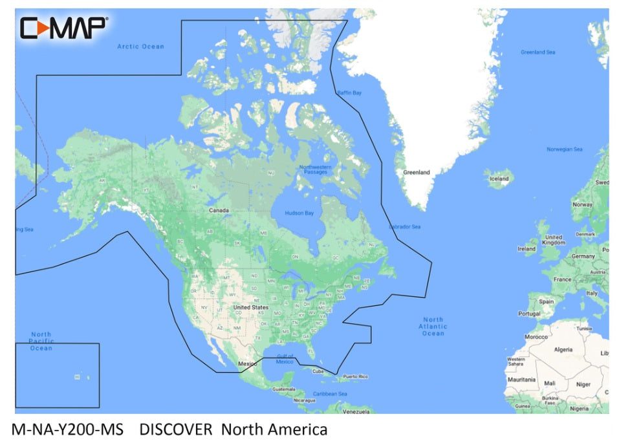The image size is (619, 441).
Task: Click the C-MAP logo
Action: coord(63,27)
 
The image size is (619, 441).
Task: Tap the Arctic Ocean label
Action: coord(140,47)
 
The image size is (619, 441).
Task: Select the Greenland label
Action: coord(417,173)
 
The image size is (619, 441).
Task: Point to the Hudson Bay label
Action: coord(300,213)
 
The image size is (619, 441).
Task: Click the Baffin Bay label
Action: coord(349,93)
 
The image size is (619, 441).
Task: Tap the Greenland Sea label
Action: coord(538,52)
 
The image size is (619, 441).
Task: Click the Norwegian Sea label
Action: coord(565,149)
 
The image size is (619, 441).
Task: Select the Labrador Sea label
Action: coord(405,227)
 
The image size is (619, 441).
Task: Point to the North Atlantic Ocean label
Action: coord(433,326)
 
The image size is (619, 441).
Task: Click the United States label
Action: coord(251,307)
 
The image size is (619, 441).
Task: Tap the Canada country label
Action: coord(218,211)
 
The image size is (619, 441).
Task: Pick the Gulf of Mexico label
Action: coord(285,358)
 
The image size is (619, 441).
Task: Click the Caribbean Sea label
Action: coord(331,394)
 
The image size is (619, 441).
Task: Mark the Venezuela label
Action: coord(356,411)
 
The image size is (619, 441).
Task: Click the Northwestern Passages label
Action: coord(315,170)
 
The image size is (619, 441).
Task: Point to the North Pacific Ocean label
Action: coord(41,341)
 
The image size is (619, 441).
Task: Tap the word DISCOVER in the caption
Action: coord(176,429)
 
